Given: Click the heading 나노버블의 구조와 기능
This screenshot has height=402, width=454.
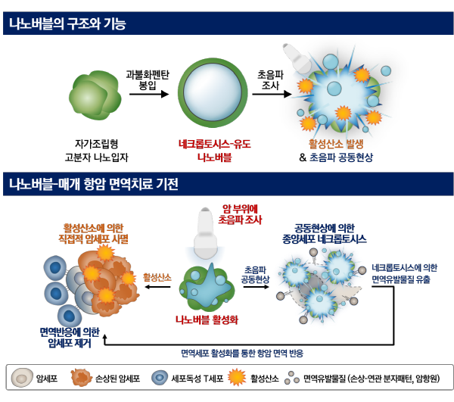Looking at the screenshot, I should click(x=67, y=24).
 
